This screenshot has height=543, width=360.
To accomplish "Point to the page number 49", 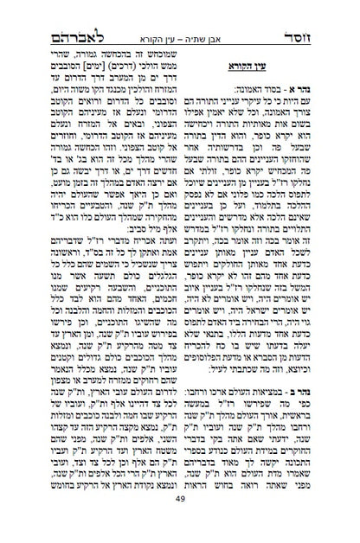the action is coord(180,521).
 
